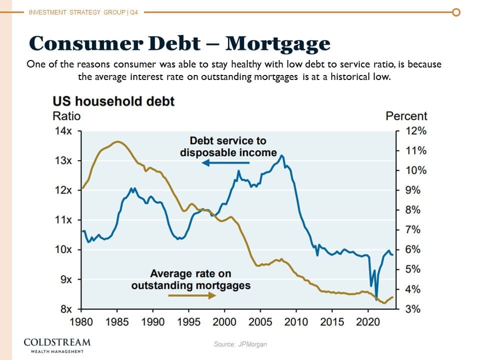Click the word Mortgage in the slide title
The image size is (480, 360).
277,43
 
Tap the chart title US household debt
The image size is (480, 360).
113,101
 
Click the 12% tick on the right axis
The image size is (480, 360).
416,131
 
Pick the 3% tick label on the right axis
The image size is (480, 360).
413,309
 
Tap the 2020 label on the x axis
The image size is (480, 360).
368,321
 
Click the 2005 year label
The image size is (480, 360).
260,321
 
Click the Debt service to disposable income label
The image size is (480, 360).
228,146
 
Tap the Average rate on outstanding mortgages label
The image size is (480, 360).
190,280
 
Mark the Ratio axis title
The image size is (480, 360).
66,116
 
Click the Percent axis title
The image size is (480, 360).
406,116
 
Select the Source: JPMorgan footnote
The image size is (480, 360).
240,344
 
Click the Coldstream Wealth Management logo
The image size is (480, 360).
57,345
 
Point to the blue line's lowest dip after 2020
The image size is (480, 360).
376,298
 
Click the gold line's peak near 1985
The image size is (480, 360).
117,141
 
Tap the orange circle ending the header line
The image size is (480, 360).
456,12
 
